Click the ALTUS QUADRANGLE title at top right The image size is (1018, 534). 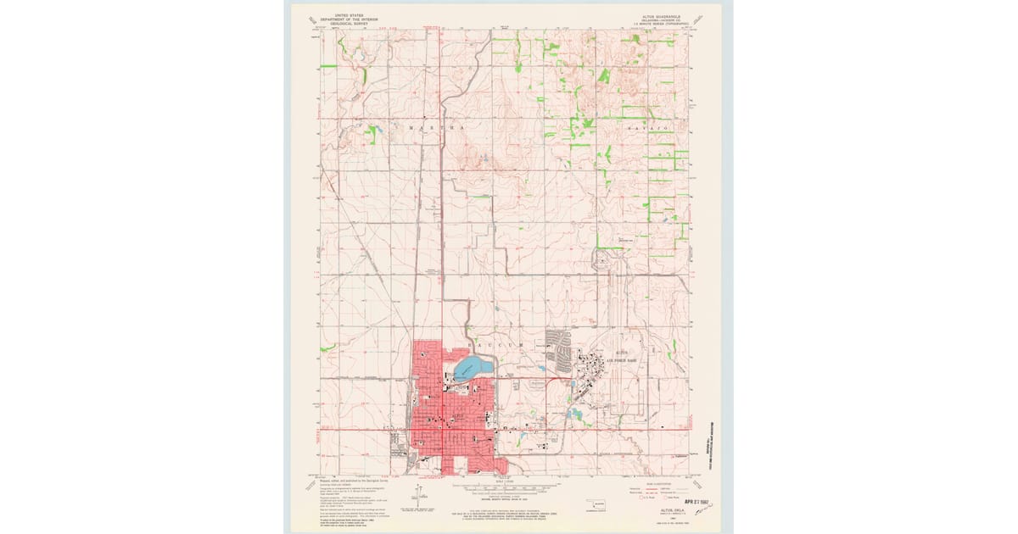pos(662,15)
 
